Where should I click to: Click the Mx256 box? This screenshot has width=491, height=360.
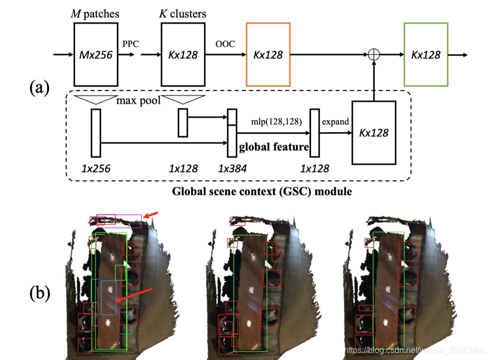[x=95, y=54]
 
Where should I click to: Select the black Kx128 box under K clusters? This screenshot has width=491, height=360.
[x=182, y=54]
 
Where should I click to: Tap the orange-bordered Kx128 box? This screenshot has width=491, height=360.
[x=268, y=54]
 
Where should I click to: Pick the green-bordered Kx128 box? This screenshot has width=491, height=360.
[x=426, y=54]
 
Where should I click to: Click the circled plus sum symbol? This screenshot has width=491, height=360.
[x=373, y=55]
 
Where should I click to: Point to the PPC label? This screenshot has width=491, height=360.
[x=130, y=44]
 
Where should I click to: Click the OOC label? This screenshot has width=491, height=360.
[x=225, y=44]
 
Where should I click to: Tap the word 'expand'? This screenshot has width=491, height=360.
[x=334, y=121]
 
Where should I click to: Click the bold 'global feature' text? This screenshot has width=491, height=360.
[x=273, y=148]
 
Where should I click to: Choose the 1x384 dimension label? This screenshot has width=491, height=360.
[x=232, y=168]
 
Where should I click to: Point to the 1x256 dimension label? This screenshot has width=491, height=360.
[x=96, y=168]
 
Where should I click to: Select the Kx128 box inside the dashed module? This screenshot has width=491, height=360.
[x=374, y=133]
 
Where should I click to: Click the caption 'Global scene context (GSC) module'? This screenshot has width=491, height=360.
[x=262, y=191]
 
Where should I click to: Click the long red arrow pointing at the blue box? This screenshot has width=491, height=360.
[x=134, y=294]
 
